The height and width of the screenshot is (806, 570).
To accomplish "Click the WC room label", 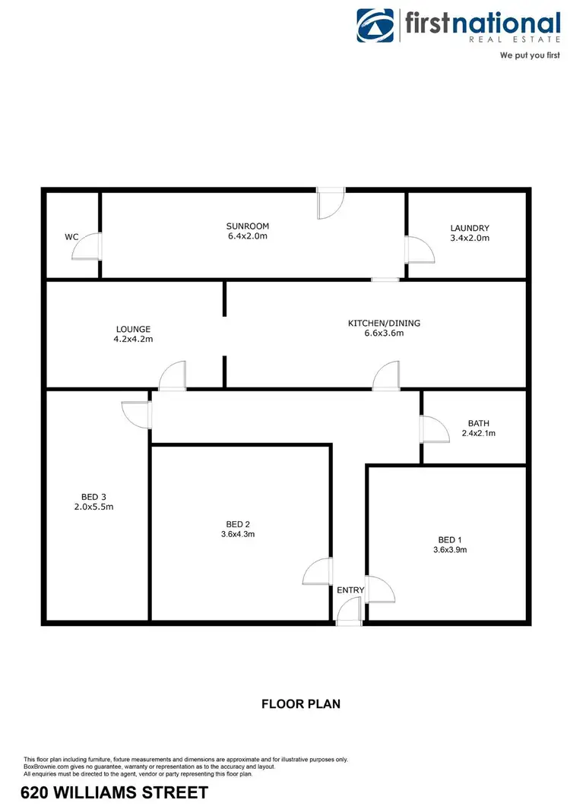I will pyautogui.click(x=72, y=237).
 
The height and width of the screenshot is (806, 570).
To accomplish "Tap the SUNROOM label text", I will pyautogui.click(x=248, y=226).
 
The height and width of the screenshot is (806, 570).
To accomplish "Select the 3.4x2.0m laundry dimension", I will pyautogui.click(x=470, y=239).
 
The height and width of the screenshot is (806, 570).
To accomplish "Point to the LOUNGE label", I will pyautogui.click(x=134, y=329).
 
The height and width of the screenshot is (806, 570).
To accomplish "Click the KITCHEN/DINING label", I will pyautogui.click(x=384, y=323).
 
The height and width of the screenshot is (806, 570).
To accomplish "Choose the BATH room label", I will pyautogui.click(x=479, y=423).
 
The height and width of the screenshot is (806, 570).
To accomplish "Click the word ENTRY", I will pyautogui.click(x=350, y=590).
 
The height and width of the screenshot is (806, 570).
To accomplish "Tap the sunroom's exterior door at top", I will pyautogui.click(x=331, y=204).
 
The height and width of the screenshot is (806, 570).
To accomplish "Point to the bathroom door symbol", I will pyautogui.click(x=433, y=428).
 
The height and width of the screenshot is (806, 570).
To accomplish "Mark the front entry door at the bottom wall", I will pyautogui.click(x=350, y=611).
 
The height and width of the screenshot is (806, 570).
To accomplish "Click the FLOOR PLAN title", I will pyautogui.click(x=301, y=703).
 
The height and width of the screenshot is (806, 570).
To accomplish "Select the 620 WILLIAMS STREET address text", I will pyautogui.click(x=115, y=793).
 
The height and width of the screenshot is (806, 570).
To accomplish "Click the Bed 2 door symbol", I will pyautogui.click(x=318, y=571).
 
